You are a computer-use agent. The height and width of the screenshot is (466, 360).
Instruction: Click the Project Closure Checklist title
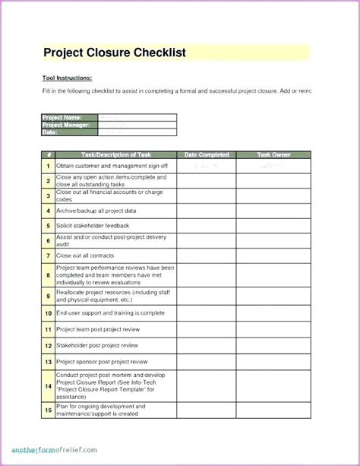tap(115, 52)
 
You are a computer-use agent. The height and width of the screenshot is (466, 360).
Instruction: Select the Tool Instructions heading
tap(68, 78)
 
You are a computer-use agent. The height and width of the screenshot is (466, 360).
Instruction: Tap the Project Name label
tap(62, 118)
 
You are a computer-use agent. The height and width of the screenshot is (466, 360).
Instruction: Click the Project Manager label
tap(67, 125)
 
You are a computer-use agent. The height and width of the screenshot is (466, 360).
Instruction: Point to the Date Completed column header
tap(207, 155)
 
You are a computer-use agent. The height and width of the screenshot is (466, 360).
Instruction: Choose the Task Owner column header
tap(273, 155)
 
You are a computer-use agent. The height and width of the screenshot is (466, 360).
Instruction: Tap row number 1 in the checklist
tap(48, 166)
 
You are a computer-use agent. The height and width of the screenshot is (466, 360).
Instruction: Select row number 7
tap(48, 256)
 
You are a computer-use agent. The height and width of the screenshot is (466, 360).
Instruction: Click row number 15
tap(48, 411)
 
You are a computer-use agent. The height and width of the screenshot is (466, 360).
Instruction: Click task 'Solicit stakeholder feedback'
tap(93, 226)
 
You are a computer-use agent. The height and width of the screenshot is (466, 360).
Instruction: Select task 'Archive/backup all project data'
tap(96, 211)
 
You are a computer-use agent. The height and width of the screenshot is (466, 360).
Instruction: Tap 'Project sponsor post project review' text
tap(102, 362)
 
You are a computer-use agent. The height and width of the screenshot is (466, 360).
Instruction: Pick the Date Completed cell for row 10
tap(207, 312)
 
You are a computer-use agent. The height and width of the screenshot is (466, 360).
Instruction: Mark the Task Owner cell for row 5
tap(273, 226)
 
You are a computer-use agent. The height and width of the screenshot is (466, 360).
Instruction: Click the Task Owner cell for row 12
tap(273, 345)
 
